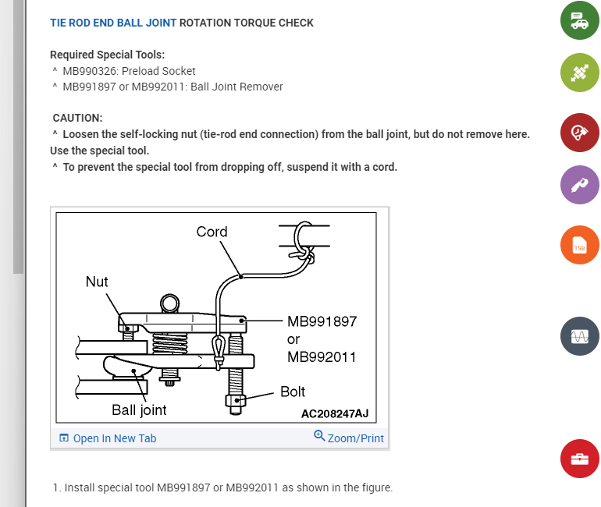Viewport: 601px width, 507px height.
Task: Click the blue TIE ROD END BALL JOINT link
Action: point(113,23)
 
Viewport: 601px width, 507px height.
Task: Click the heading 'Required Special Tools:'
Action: point(107,55)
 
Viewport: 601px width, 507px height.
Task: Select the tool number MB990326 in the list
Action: point(94,71)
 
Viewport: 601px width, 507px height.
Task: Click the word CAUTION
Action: point(77,118)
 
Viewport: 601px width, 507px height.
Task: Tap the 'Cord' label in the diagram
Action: point(212,232)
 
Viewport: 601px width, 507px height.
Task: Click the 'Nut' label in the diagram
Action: point(97,282)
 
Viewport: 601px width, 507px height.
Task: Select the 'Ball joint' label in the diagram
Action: point(139,409)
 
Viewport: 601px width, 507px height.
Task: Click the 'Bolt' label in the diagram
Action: point(293,392)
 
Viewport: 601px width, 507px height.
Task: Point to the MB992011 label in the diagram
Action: point(322,357)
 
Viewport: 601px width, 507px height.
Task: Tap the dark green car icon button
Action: point(579,21)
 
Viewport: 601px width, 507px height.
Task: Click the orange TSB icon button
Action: point(579,246)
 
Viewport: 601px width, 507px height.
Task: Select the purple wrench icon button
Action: point(579,186)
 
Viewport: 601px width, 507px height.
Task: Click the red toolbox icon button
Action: point(579,458)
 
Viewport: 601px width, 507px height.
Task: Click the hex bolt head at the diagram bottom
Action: point(235,401)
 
